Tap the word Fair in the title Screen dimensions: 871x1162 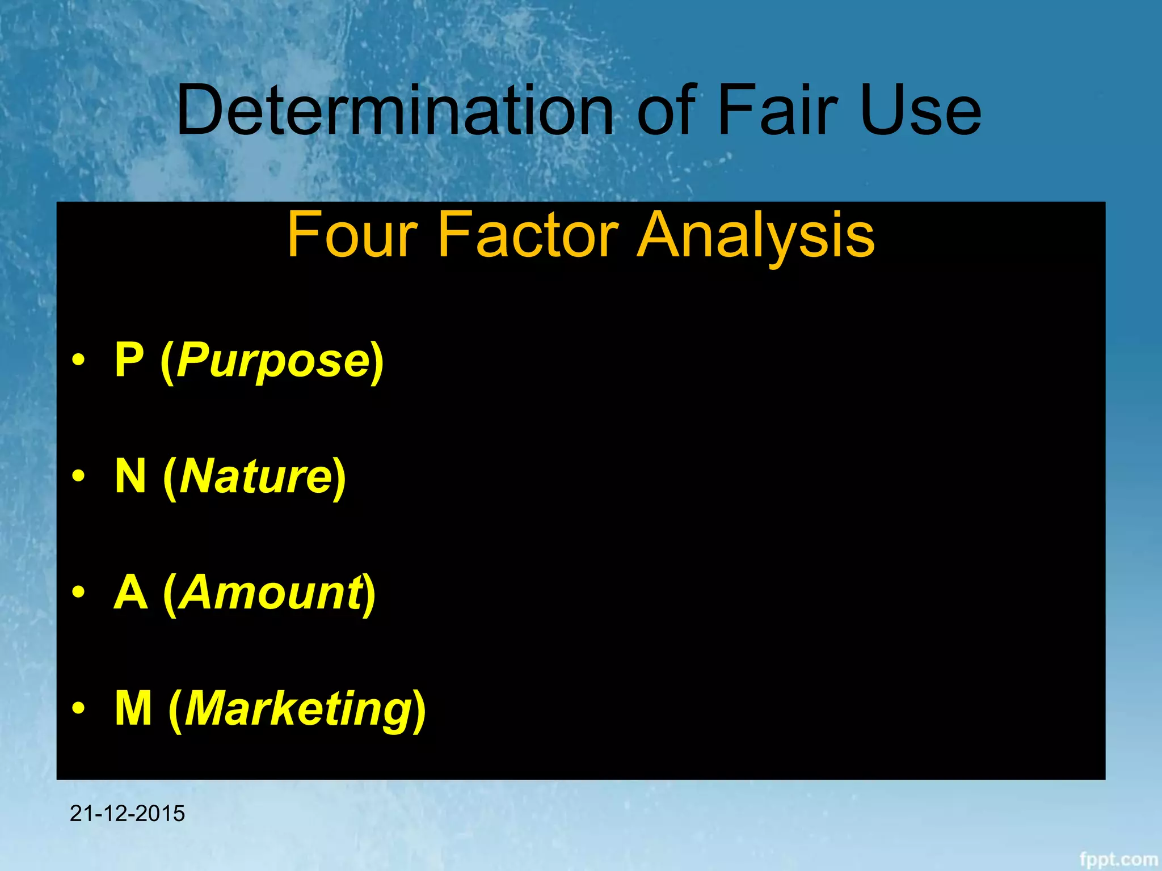pos(778,110)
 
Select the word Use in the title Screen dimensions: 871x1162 pos(920,110)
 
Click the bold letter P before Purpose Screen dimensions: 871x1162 pos(129,360)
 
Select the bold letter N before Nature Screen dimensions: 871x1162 pos(130,476)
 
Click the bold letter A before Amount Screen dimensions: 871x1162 pos(130,593)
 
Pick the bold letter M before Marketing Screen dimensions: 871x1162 pos(133,708)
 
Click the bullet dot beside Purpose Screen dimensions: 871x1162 pos(79,360)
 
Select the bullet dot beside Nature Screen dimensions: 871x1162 pos(79,476)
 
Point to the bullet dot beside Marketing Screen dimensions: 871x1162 pos(79,708)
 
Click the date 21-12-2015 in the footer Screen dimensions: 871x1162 pos(127,813)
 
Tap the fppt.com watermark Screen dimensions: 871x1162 pos(1118,859)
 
